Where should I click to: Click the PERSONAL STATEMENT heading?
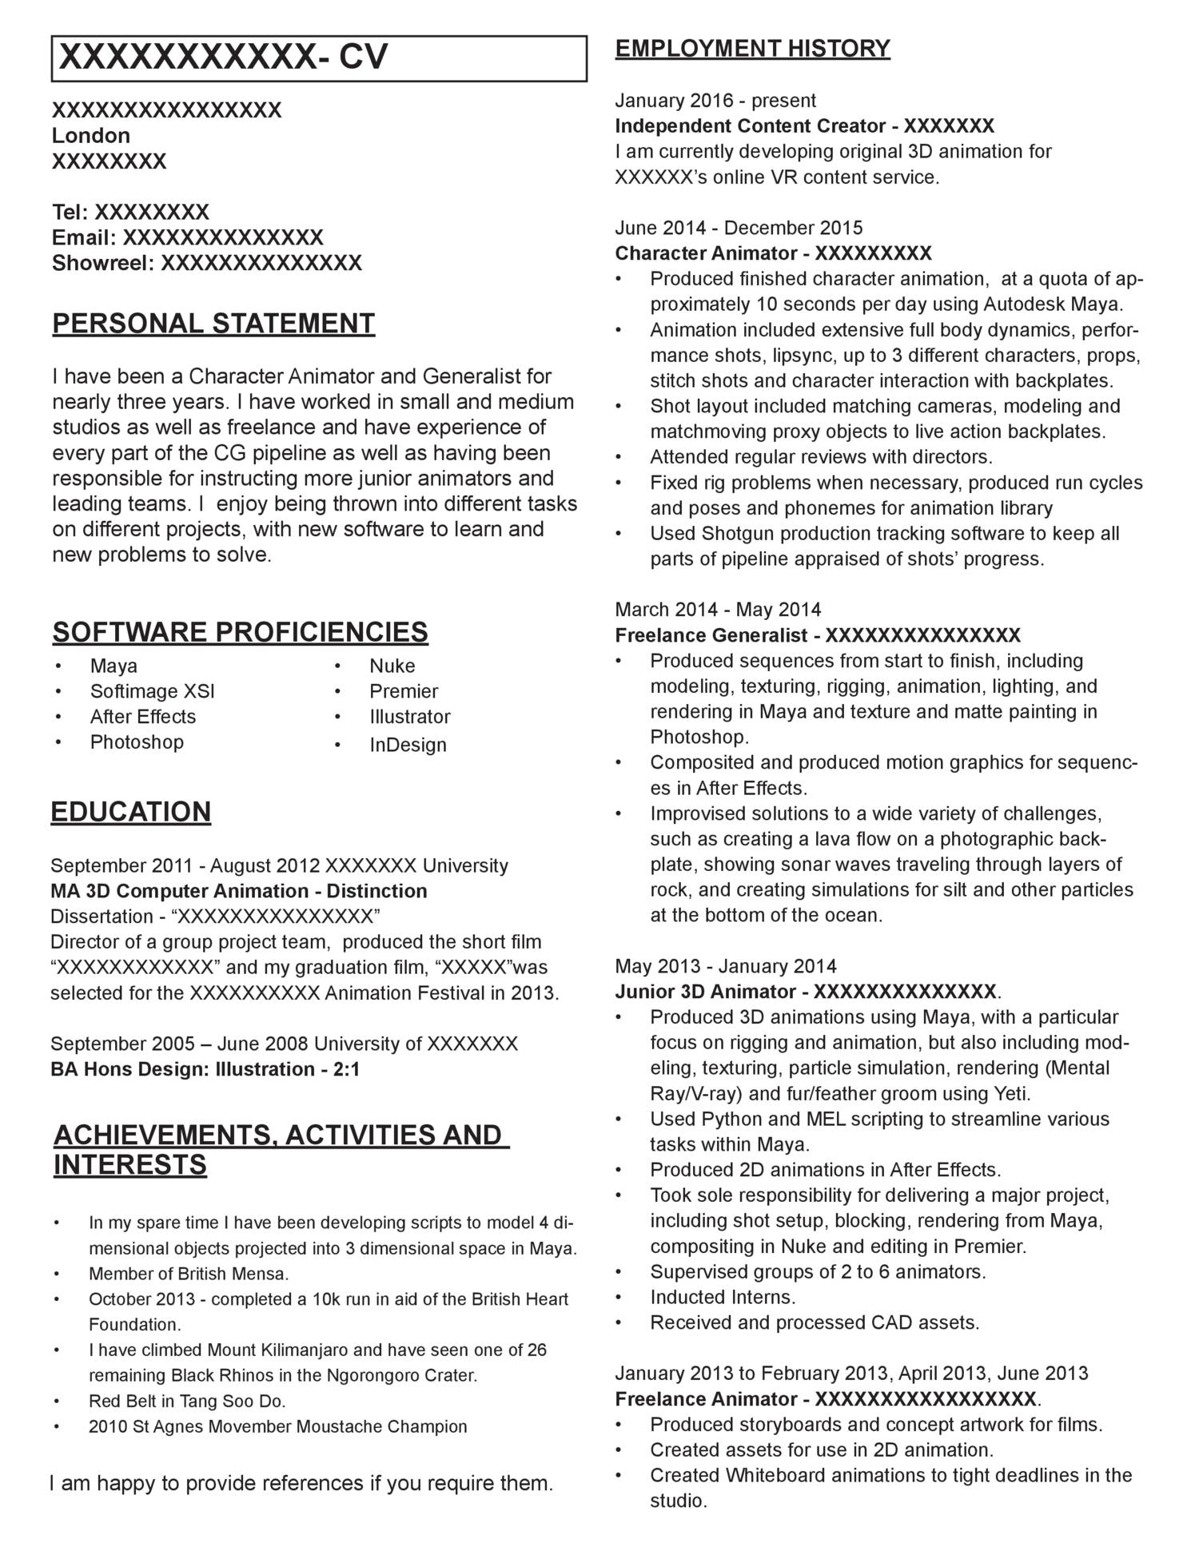pos(213,324)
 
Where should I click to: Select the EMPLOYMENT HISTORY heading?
pos(752,49)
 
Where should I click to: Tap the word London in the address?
pos(91,135)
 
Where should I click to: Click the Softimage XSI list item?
pos(152,691)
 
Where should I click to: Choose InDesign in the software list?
pos(408,745)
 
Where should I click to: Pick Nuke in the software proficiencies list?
pos(392,666)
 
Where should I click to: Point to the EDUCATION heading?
pos(131,812)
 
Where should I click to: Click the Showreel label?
pos(102,263)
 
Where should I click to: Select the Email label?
pos(84,237)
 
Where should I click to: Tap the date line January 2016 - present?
pos(715,101)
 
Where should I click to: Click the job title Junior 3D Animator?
pos(709,992)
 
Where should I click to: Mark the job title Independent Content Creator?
pos(751,126)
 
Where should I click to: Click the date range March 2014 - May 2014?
pos(718,610)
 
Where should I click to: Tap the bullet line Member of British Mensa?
pos(189,1273)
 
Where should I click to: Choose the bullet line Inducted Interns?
pos(723,1297)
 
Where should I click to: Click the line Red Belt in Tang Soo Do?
pos(187,1401)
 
